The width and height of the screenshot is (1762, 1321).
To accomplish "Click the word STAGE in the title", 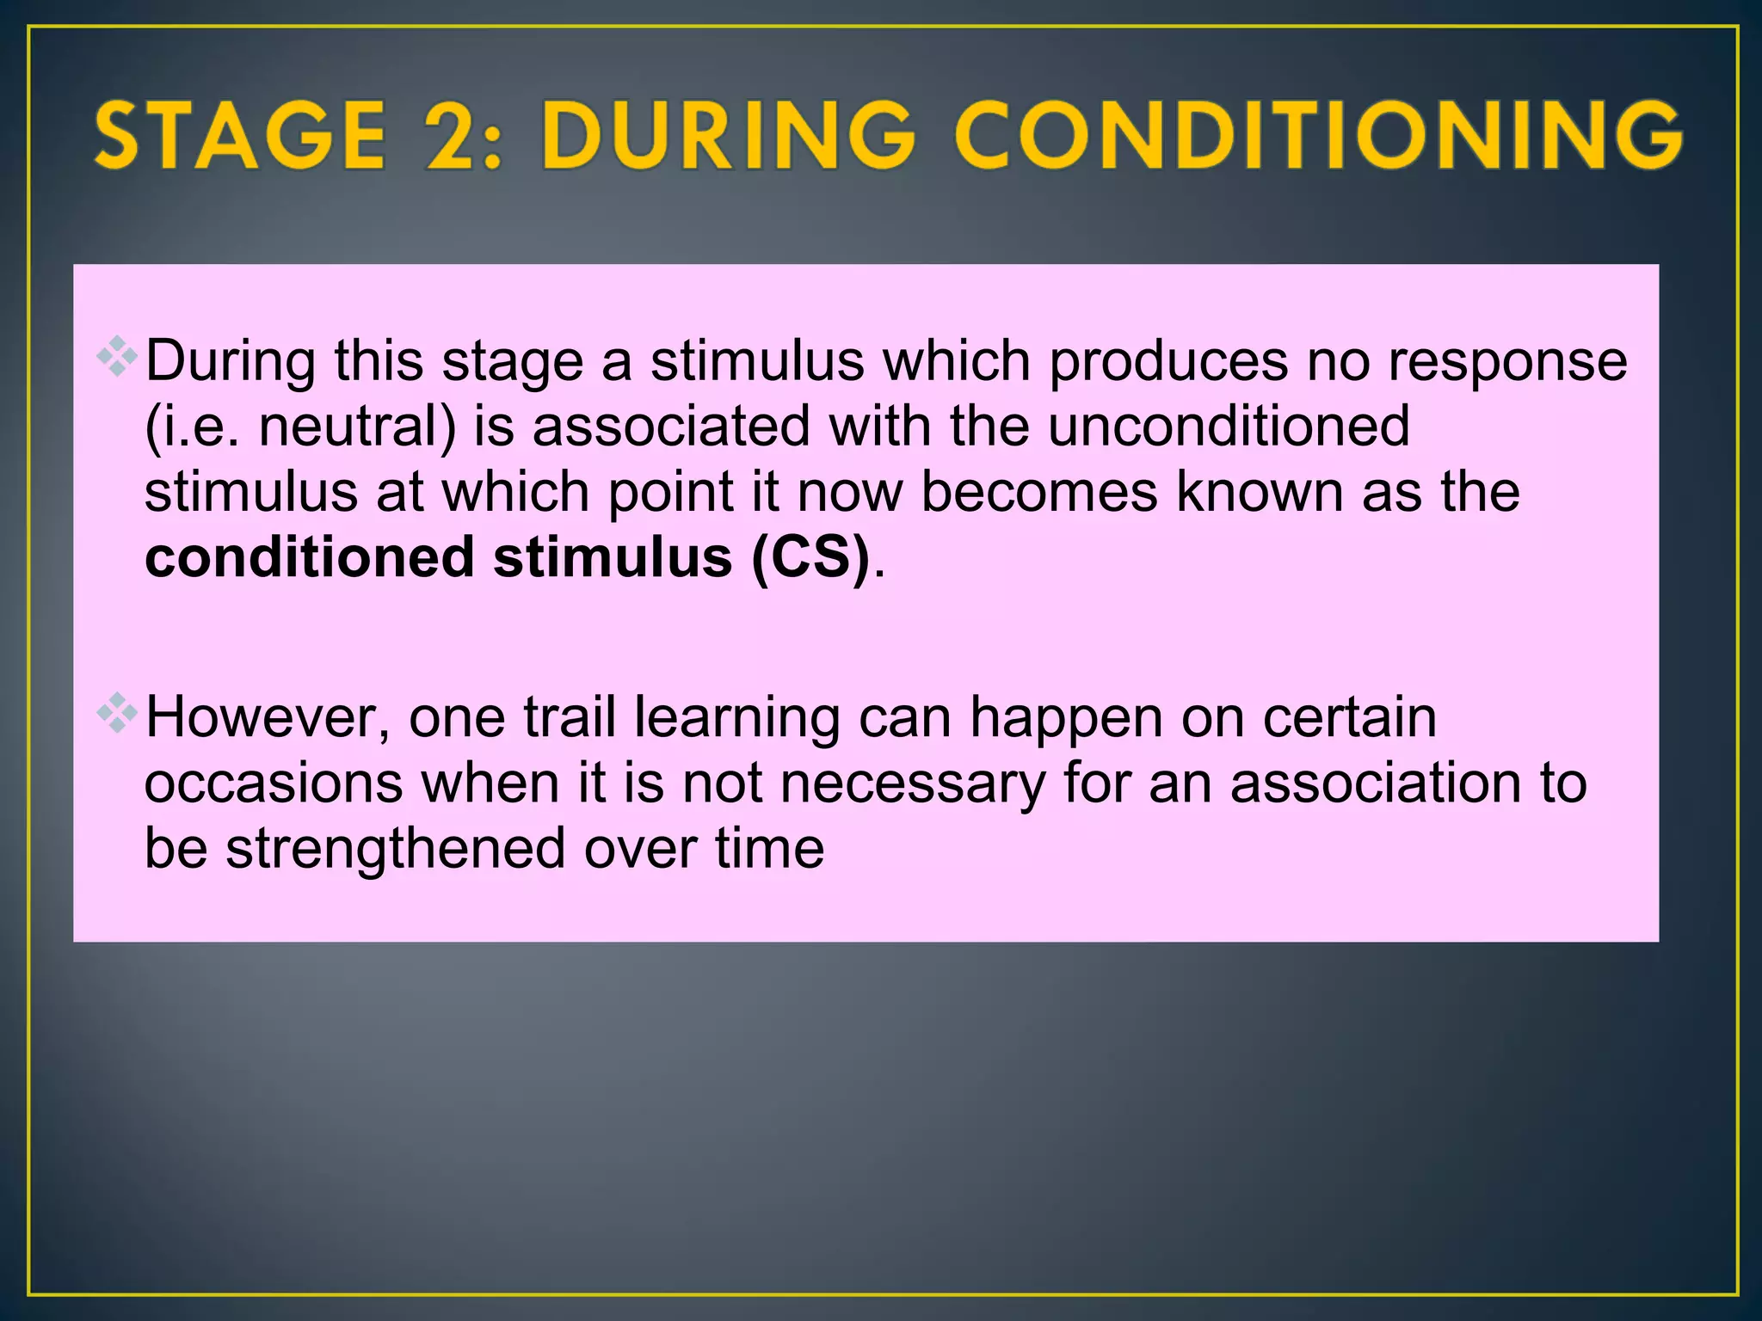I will (240, 135).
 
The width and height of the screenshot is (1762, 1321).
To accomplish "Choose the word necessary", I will (913, 783).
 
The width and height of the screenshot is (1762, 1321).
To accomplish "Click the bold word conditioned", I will (310, 557).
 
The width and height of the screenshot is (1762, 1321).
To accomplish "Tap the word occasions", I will (274, 783).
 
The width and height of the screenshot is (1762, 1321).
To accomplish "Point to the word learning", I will (737, 717).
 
